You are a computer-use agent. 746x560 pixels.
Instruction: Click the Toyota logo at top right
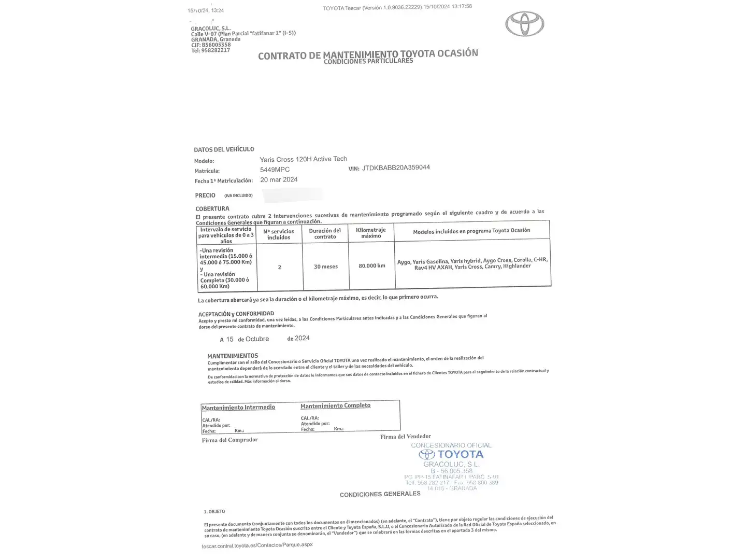(524, 24)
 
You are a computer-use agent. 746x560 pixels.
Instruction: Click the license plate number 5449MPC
(275, 170)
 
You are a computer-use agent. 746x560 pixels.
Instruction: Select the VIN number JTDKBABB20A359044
(396, 167)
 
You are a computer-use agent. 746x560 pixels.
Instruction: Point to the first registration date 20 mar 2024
(279, 179)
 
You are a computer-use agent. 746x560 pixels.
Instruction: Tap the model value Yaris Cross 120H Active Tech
(303, 159)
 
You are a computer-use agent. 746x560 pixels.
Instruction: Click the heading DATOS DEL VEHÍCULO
(224, 149)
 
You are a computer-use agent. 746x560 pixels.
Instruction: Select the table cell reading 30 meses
(325, 267)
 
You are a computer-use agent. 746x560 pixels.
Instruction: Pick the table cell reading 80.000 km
(371, 265)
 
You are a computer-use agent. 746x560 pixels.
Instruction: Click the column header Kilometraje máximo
(371, 233)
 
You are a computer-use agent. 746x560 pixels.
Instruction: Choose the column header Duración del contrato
(325, 234)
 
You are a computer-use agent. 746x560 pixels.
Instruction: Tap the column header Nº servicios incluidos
(279, 234)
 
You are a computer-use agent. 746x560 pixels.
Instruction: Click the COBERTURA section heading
(212, 208)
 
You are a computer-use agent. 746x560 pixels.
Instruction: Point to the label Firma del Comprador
(229, 440)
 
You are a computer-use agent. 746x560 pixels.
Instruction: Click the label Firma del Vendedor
(405, 437)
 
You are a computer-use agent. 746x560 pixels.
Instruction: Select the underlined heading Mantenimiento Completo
(335, 405)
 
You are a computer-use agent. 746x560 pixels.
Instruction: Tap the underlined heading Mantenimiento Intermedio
(238, 408)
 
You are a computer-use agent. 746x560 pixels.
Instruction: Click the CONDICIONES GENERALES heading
(380, 494)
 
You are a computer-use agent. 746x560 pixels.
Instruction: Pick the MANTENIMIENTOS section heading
(233, 356)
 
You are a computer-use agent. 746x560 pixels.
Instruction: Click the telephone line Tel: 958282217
(210, 50)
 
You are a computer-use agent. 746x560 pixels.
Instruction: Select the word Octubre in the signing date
(257, 339)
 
